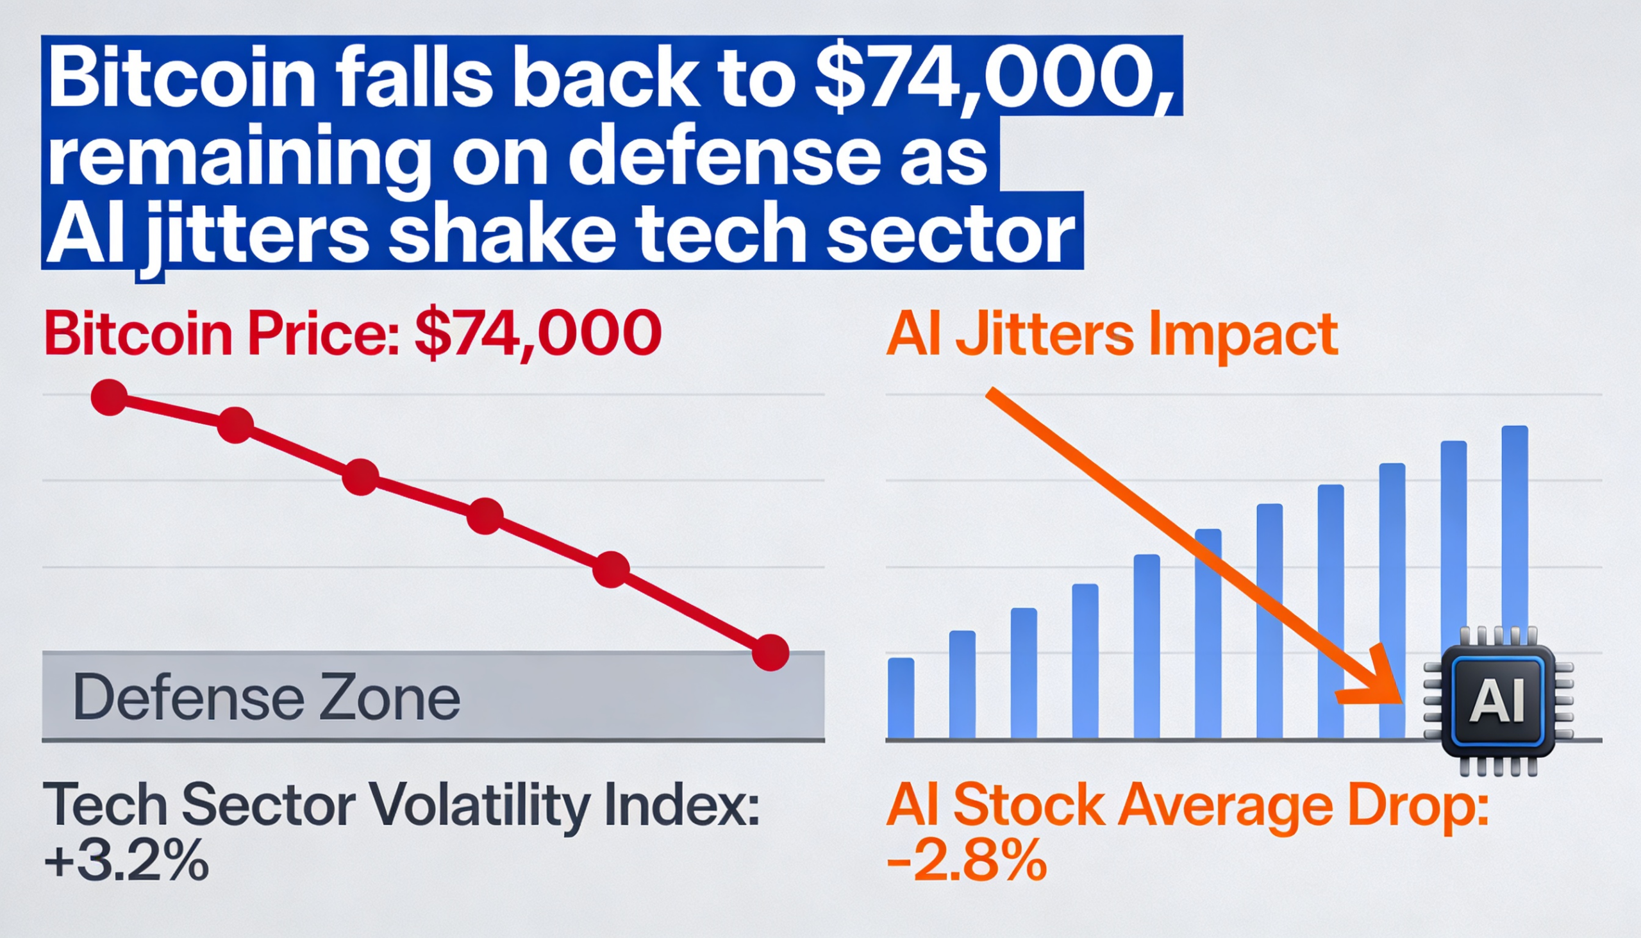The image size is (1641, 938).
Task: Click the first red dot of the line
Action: tap(110, 397)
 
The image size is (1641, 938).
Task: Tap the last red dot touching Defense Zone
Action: tap(771, 653)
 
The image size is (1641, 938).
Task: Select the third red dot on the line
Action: tap(361, 478)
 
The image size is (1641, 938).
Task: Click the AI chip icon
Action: tap(1498, 701)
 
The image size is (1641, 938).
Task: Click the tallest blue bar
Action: tap(1515, 580)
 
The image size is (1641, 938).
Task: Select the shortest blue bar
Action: tap(901, 698)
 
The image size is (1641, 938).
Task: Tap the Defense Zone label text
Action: tap(267, 698)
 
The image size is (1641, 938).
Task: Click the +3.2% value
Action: tap(126, 860)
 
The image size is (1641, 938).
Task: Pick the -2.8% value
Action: tap(966, 860)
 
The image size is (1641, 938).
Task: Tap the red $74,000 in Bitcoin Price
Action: tap(538, 333)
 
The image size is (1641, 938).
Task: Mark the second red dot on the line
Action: tap(235, 425)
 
